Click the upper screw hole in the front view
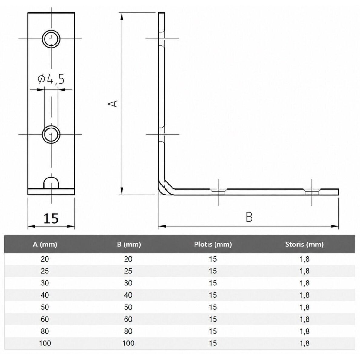click(51, 39)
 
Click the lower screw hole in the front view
click(51, 135)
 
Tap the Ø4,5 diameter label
click(51, 79)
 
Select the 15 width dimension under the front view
click(51, 218)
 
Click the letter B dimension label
click(249, 217)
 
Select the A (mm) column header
click(45, 244)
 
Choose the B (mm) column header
click(129, 244)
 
